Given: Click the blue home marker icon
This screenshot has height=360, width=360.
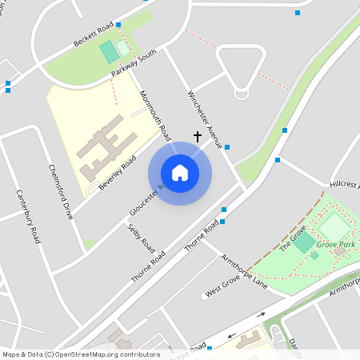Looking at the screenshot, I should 180,173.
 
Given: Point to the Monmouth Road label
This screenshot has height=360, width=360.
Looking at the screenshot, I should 155,112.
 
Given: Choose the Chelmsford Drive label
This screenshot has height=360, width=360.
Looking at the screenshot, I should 61,192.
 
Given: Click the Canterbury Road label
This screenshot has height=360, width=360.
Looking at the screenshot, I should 28,216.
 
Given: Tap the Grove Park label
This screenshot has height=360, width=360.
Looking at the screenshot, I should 335,243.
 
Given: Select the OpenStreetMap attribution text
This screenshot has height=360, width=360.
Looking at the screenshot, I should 80,354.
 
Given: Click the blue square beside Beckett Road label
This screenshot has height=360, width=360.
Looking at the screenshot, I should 118,26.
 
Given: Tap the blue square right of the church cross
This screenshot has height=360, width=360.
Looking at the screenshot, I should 227,147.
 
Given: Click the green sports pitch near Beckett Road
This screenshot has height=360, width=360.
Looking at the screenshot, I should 108,53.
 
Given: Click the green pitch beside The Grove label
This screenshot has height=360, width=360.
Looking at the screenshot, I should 304,242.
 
